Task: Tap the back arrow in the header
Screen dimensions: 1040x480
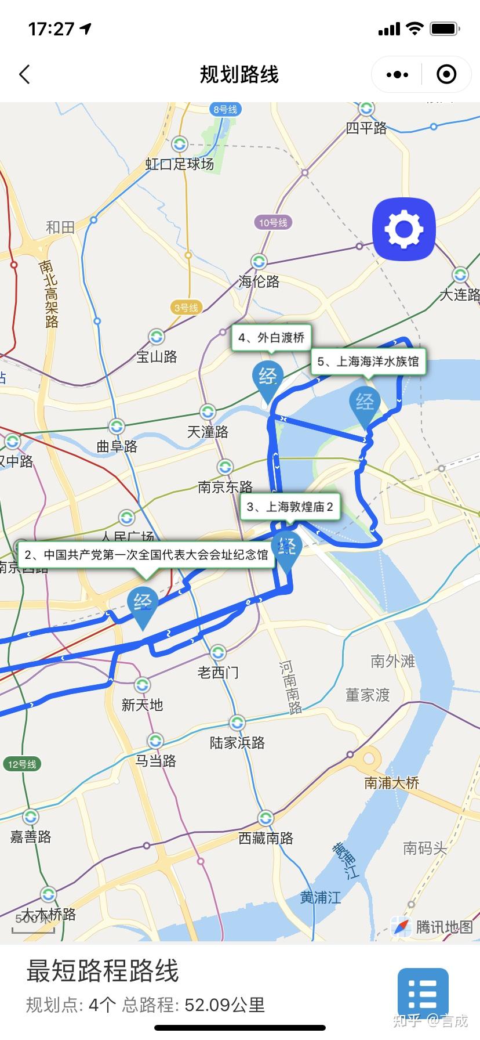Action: tap(24, 74)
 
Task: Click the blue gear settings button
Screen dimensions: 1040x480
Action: tap(404, 229)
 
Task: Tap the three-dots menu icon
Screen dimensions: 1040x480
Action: tap(397, 74)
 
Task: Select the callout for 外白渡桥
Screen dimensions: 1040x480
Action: tap(271, 337)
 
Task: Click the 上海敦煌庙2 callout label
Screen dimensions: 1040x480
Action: tap(290, 507)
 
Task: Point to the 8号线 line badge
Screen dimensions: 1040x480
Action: tap(226, 109)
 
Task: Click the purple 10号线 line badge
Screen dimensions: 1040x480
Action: tap(273, 222)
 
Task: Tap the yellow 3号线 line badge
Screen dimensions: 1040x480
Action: tap(186, 308)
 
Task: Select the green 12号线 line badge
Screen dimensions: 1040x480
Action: tap(22, 764)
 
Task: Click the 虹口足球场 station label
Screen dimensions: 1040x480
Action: tap(180, 164)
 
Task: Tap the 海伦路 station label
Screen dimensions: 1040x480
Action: tap(259, 281)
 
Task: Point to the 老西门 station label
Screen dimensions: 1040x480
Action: tap(218, 672)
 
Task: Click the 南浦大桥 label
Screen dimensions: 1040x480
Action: tap(392, 783)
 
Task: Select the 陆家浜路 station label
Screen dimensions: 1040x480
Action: tap(237, 743)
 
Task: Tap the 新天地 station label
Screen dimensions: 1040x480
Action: tap(142, 705)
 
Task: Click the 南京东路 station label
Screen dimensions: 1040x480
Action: tap(226, 486)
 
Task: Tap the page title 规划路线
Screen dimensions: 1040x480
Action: tap(239, 74)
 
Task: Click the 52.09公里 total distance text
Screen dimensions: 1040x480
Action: tap(224, 1005)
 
